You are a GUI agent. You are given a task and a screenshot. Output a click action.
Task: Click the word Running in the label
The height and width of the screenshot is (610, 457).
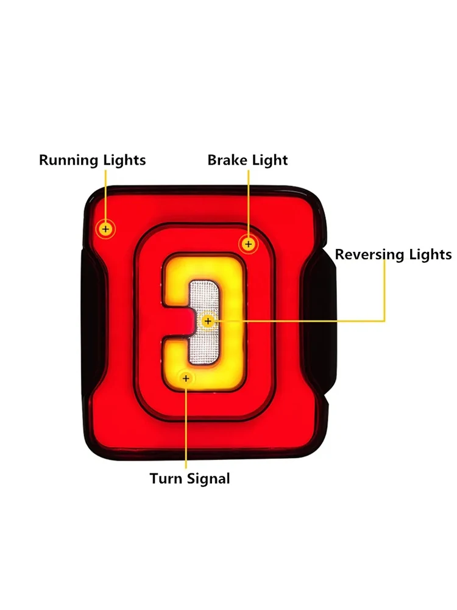pos(66,160)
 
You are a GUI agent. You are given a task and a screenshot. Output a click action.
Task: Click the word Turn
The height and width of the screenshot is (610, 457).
pos(165,478)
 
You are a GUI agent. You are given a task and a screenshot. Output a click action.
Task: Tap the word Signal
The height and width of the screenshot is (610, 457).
pos(208,478)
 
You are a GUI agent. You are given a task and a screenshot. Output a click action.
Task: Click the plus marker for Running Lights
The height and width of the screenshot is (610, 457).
pos(106,229)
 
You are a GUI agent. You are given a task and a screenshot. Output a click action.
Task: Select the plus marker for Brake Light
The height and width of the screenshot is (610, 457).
pos(248,244)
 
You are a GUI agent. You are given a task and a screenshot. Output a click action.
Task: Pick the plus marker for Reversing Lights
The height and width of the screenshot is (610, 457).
pos(208,320)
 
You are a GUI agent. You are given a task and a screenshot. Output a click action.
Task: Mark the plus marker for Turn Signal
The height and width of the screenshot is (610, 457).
pos(186,379)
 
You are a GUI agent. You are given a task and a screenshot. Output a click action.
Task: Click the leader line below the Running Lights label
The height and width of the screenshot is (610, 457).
pos(106,195)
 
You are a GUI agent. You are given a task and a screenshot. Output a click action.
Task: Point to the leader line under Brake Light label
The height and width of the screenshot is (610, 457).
pos(248,201)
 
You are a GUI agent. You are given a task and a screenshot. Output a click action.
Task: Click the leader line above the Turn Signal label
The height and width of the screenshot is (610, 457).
pos(186,427)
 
